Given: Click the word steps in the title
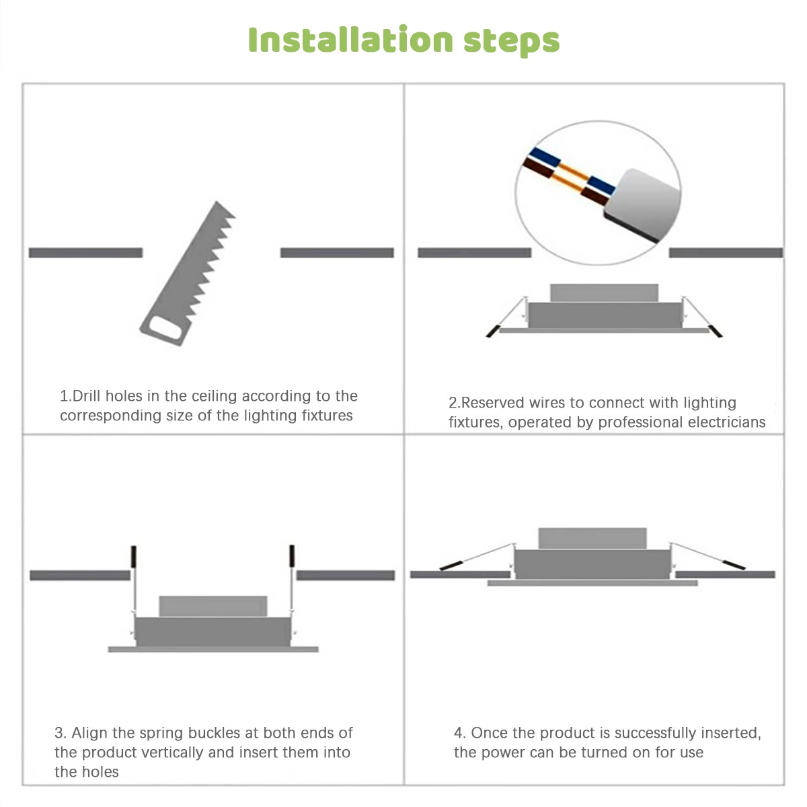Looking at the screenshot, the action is click(511, 42).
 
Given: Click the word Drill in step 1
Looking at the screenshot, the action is click(87, 395).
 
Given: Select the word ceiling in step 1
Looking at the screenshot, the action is click(214, 396).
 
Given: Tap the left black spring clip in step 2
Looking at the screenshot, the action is click(493, 331).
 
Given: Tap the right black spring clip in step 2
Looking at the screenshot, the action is click(716, 331).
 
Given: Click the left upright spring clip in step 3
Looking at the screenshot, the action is click(134, 557).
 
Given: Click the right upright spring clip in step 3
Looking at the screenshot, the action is click(292, 555).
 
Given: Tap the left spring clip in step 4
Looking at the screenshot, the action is click(451, 566).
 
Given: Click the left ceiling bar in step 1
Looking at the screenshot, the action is click(86, 253).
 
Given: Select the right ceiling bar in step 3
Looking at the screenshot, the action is click(346, 575).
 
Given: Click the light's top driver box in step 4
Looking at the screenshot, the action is click(592, 538).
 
